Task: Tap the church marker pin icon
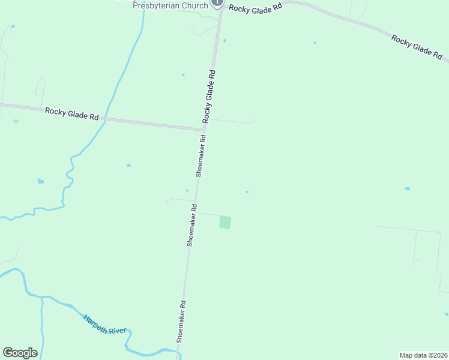tap(217, 2)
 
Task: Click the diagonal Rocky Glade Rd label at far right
tap(417, 46)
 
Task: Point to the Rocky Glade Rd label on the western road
tap(71, 114)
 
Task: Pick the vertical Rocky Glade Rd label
tap(209, 96)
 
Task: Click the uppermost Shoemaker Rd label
tap(201, 155)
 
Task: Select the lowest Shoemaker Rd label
tap(181, 322)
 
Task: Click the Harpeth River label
tap(108, 324)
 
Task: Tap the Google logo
tap(20, 353)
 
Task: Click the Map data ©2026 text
tap(423, 355)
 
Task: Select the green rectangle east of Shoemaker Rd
tap(225, 222)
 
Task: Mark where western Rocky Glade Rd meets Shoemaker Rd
tap(202, 128)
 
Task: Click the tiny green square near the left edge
tap(16, 121)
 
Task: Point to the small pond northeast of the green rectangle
tap(247, 192)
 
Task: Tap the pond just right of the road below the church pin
tap(224, 41)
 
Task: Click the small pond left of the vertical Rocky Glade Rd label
tap(183, 75)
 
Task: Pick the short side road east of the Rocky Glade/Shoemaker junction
tap(231, 121)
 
